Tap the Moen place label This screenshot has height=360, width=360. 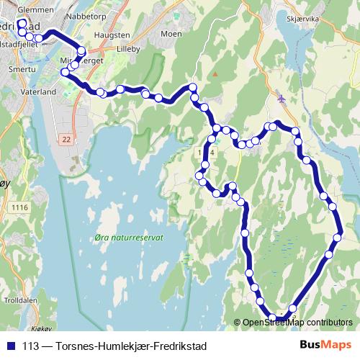pyautogui.click(x=171, y=33)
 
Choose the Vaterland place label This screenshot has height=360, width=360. pyautogui.click(x=39, y=93)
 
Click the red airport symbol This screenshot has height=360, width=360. pyautogui.click(x=281, y=98)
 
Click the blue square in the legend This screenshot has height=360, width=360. pyautogui.click(x=10, y=345)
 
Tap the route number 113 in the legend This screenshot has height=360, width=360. pyautogui.click(x=31, y=345)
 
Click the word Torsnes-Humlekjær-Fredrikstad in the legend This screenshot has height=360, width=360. pyautogui.click(x=125, y=345)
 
